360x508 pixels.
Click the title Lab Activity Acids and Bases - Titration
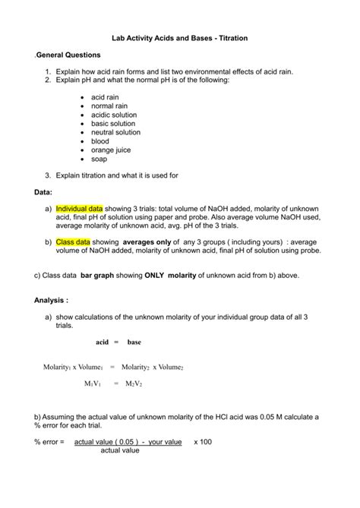point(180,37)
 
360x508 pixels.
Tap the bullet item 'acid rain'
point(106,97)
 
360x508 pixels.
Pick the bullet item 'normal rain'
point(111,106)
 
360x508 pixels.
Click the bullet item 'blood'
point(101,141)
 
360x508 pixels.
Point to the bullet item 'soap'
point(99,159)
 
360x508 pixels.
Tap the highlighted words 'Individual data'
point(79,208)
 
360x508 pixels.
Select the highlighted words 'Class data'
point(73,241)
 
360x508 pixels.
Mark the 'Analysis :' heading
point(50,300)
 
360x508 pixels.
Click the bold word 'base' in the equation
point(134,342)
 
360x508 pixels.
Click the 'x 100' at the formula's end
point(202,441)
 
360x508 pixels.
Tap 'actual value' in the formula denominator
point(120,450)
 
